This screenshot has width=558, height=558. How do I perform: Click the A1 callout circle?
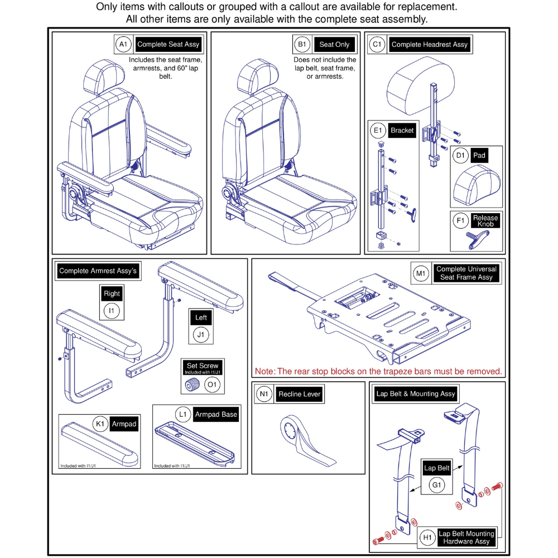pyautogui.click(x=123, y=44)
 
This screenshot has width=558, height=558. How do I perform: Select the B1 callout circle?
pyautogui.click(x=302, y=44)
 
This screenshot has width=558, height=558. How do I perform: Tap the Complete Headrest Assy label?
pyautogui.click(x=429, y=44)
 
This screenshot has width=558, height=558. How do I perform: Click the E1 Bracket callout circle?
pyautogui.click(x=378, y=131)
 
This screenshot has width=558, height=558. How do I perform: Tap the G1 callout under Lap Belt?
pyautogui.click(x=437, y=485)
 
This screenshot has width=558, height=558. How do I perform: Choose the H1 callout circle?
pyautogui.click(x=427, y=537)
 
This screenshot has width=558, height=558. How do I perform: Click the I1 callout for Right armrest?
pyautogui.click(x=112, y=310)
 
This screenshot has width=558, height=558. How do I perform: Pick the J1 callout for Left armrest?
pyautogui.click(x=200, y=335)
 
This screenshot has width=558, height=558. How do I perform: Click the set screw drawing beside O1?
pyautogui.click(x=193, y=384)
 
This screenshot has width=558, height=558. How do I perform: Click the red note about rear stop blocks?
pyautogui.click(x=378, y=371)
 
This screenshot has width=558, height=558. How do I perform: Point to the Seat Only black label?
pyautogui.click(x=334, y=44)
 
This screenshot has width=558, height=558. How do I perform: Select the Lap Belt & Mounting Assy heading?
pyautogui.click(x=416, y=393)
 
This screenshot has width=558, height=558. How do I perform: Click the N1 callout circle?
pyautogui.click(x=264, y=394)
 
